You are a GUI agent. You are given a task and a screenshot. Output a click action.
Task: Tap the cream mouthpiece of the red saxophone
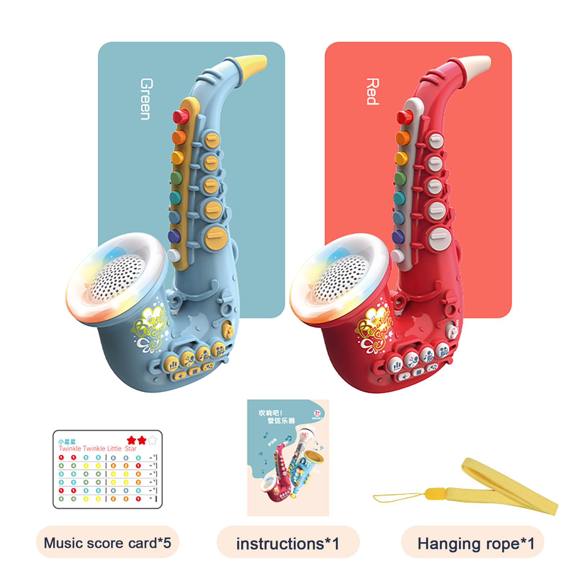[478, 64]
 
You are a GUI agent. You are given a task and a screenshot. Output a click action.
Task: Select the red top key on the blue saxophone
[180, 116]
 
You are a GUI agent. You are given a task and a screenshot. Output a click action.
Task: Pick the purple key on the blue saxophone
[174, 236]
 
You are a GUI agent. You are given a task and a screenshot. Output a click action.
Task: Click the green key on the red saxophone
[400, 177]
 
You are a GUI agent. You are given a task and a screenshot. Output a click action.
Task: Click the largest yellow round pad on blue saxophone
[216, 237]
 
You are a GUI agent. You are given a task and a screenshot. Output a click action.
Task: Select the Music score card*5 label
[107, 543]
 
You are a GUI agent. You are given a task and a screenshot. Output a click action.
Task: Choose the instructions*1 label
[288, 544]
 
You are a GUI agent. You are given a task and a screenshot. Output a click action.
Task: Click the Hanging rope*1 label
[476, 544]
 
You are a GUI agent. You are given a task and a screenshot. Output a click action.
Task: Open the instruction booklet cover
[288, 457]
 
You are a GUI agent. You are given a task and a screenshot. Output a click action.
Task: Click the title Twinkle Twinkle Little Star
[97, 449]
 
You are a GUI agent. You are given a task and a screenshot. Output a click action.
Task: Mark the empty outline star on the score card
[152, 440]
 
